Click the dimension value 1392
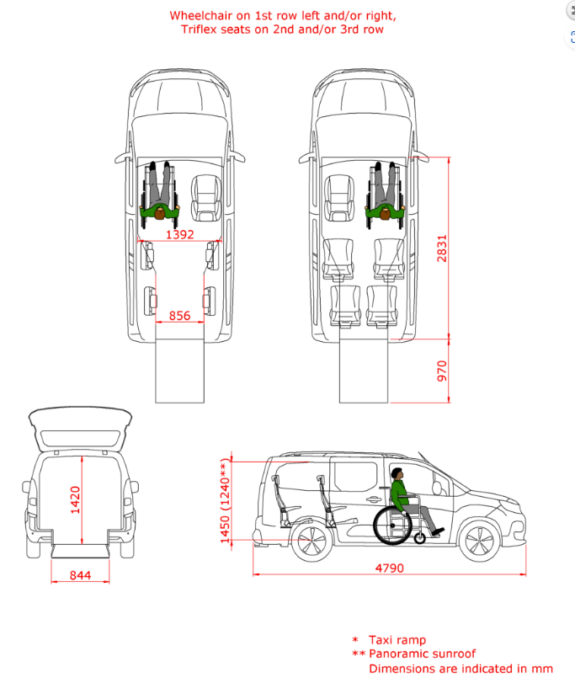tap(179, 235)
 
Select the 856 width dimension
tap(179, 315)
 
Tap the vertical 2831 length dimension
tap(443, 248)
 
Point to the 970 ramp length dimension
tap(443, 371)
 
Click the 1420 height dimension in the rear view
tap(75, 499)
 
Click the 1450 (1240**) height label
tap(225, 503)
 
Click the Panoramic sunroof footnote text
tap(422, 654)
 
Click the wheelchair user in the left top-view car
tap(160, 194)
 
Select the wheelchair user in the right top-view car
tap(385, 194)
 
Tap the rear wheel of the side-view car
tap(309, 542)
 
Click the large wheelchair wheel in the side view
tap(393, 525)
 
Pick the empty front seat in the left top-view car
tap(205, 198)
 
